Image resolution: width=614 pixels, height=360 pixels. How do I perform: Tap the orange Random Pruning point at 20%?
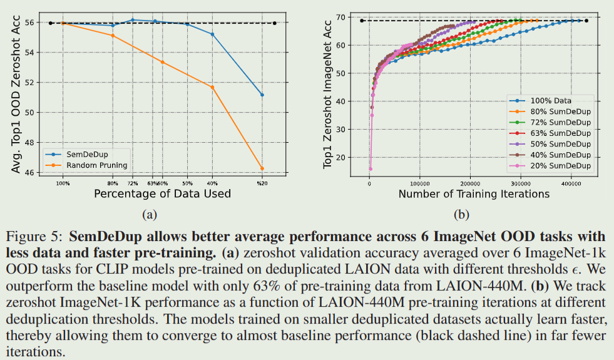pos(262,168)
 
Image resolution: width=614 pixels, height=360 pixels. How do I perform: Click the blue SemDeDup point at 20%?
pos(262,95)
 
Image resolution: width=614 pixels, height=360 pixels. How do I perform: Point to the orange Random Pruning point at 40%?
pos(212,87)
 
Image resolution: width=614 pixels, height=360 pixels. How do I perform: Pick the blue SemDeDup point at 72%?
pos(133,20)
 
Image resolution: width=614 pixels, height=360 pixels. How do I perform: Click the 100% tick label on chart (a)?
pos(63,183)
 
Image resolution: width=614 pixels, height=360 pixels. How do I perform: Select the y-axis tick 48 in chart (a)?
pos(31,142)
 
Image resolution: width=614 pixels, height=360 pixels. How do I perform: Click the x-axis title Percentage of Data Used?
pos(162,194)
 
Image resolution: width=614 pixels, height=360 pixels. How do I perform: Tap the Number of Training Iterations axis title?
pos(474,194)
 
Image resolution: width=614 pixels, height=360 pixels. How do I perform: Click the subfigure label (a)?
pos(149,214)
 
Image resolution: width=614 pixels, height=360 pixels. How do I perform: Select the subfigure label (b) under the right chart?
pos(461,214)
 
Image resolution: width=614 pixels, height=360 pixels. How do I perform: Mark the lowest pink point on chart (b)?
pos(370,168)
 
